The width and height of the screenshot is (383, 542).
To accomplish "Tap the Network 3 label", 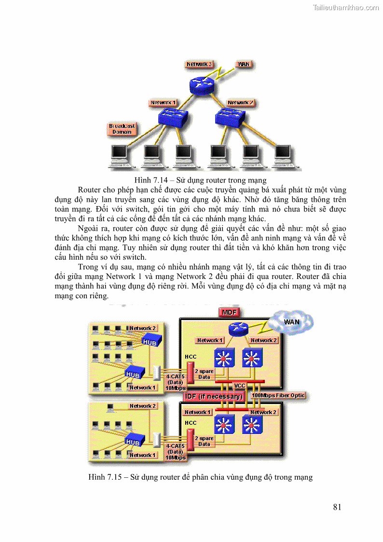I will pos(199,64).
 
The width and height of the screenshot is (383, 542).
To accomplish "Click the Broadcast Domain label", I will pos(122,129).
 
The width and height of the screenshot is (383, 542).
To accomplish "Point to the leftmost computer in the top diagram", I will pos(119,156).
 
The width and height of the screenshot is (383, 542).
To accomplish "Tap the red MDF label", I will pos(229,312).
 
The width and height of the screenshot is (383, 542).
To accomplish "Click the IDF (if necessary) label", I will pos(214,396).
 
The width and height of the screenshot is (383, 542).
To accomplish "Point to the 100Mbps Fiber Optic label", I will pos(278,396).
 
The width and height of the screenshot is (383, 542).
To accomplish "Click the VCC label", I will pos(239,386).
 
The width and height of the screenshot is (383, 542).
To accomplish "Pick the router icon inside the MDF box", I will pos(238,329).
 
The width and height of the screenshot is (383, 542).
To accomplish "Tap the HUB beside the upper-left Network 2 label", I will pos(150,341).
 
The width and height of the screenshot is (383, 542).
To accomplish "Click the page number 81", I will pos(337,507).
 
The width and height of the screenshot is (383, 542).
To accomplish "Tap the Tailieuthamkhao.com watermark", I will pos(346,7).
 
